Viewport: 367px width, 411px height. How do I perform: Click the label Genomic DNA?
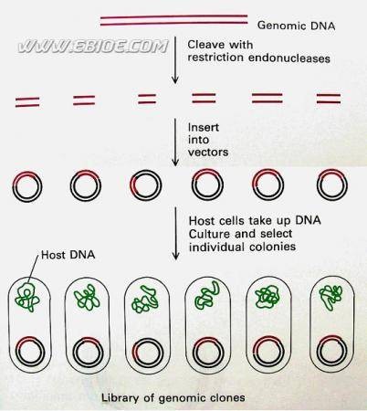[x=296, y=26]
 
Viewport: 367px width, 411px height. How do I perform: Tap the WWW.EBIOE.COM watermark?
[x=92, y=47]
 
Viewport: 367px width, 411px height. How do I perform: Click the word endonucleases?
[x=289, y=58]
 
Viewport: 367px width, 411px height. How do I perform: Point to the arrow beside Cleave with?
[x=175, y=60]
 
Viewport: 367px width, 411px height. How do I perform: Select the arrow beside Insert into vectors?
[x=175, y=142]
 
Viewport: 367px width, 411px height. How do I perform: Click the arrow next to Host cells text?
[x=175, y=234]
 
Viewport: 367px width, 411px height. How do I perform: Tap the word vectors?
[x=208, y=152]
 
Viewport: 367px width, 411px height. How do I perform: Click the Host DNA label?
[x=68, y=255]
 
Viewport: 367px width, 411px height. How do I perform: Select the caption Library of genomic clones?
[x=173, y=397]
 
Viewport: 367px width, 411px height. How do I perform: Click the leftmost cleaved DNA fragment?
[x=27, y=102]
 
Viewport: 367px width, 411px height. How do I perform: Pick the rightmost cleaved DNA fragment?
[x=329, y=99]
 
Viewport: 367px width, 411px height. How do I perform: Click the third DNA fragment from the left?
[x=147, y=99]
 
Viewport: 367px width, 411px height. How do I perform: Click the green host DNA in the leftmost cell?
[x=27, y=298]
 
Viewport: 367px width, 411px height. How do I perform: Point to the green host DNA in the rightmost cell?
[x=330, y=297]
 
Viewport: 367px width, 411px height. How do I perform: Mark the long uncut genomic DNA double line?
[x=173, y=20]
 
